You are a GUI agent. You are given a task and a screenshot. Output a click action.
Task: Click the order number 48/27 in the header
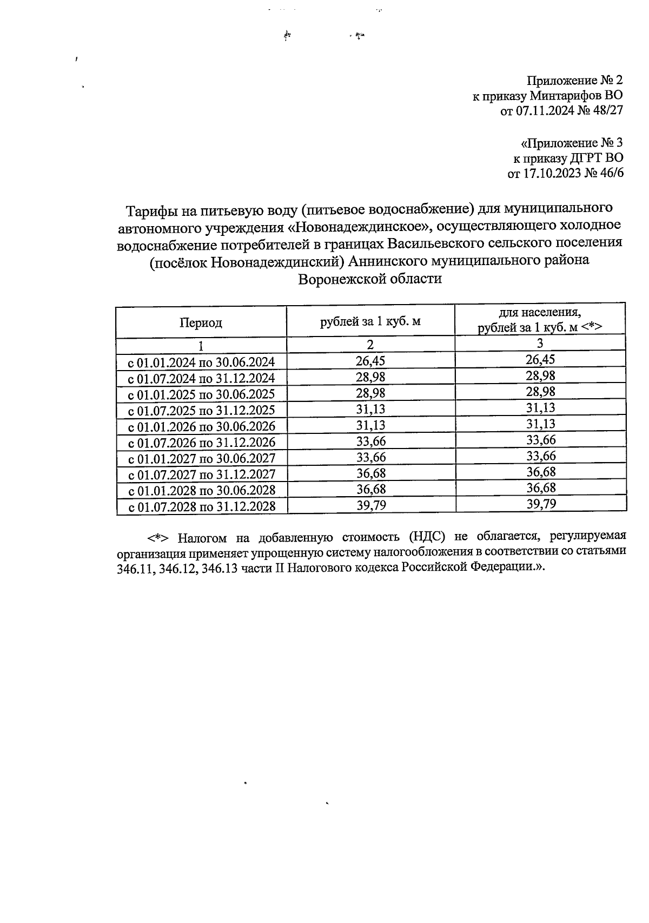click(606, 111)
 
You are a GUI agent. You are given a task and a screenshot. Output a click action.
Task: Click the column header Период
click(201, 323)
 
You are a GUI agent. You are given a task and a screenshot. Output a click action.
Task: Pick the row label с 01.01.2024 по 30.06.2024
click(201, 362)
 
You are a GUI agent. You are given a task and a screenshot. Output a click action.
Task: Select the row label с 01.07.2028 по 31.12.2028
click(201, 507)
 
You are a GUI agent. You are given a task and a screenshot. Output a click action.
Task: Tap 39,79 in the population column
click(541, 504)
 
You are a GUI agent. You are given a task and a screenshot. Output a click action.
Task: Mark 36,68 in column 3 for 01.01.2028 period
click(541, 488)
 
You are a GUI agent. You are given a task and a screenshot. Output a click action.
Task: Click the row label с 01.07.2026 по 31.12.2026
click(201, 443)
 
